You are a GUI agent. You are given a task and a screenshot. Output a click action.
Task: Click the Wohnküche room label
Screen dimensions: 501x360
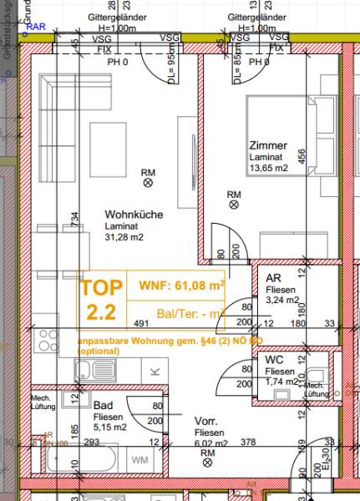pyautogui.click(x=134, y=215)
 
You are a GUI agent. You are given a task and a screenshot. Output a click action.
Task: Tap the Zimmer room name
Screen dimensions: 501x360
pyautogui.click(x=263, y=144)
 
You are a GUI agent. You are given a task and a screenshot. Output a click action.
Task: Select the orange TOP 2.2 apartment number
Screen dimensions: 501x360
pyautogui.click(x=100, y=301)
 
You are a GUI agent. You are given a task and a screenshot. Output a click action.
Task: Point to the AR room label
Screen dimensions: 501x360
pyautogui.click(x=272, y=278)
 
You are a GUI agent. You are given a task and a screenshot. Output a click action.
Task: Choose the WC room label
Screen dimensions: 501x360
pyautogui.click(x=275, y=358)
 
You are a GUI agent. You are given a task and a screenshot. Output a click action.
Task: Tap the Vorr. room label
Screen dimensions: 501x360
pyautogui.click(x=206, y=421)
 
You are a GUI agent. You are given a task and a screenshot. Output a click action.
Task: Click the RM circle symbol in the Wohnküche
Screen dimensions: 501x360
pyautogui.click(x=148, y=175)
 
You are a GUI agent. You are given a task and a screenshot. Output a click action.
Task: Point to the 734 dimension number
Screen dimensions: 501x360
pyautogui.click(x=75, y=219)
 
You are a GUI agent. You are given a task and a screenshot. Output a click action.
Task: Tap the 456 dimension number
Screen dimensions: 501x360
pyautogui.click(x=302, y=156)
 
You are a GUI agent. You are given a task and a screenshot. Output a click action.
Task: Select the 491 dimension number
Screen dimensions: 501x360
pyautogui.click(x=140, y=323)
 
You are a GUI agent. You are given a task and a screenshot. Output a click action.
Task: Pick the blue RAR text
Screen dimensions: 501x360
pyautogui.click(x=37, y=27)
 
